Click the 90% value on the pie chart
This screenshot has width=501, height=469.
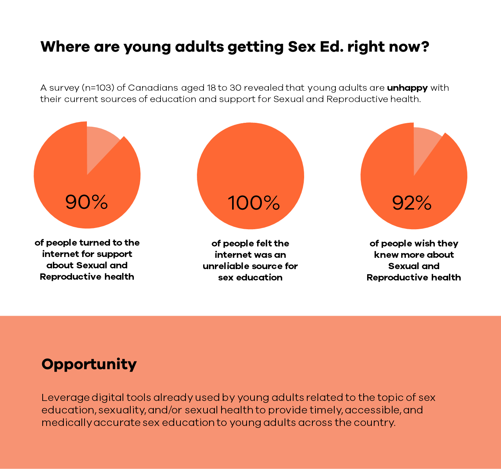(87, 202)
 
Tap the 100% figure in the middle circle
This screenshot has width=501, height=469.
(254, 203)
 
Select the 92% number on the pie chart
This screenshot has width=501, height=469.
(412, 203)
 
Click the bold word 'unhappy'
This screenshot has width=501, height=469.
(407, 88)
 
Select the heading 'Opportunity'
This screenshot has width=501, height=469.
(89, 364)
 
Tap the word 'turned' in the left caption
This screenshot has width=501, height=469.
(95, 243)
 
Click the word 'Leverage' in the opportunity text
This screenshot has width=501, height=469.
(65, 398)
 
